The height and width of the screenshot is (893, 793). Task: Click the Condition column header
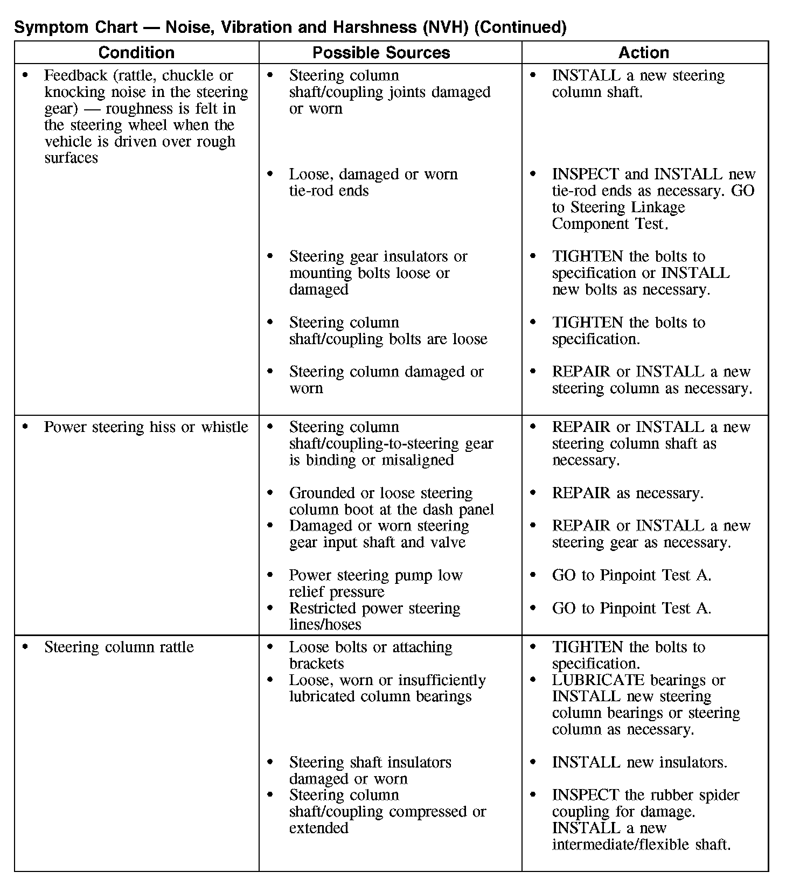136,52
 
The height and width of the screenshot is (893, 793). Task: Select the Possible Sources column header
381,52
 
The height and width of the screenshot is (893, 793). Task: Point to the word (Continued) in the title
520,27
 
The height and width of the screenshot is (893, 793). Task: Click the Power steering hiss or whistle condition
146,427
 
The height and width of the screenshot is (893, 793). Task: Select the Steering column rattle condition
119,647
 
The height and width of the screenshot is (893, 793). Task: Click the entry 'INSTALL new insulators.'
639,762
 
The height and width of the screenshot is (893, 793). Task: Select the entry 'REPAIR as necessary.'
628,493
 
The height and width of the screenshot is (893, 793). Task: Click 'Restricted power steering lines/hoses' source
374,616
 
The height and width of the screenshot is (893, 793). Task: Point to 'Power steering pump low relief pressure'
375,583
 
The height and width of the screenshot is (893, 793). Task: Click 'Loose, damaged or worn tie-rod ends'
373,182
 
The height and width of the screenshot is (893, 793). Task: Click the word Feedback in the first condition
74,75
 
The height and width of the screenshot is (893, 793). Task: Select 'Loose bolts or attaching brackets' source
371,655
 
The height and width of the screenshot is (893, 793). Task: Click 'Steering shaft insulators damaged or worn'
370,770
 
